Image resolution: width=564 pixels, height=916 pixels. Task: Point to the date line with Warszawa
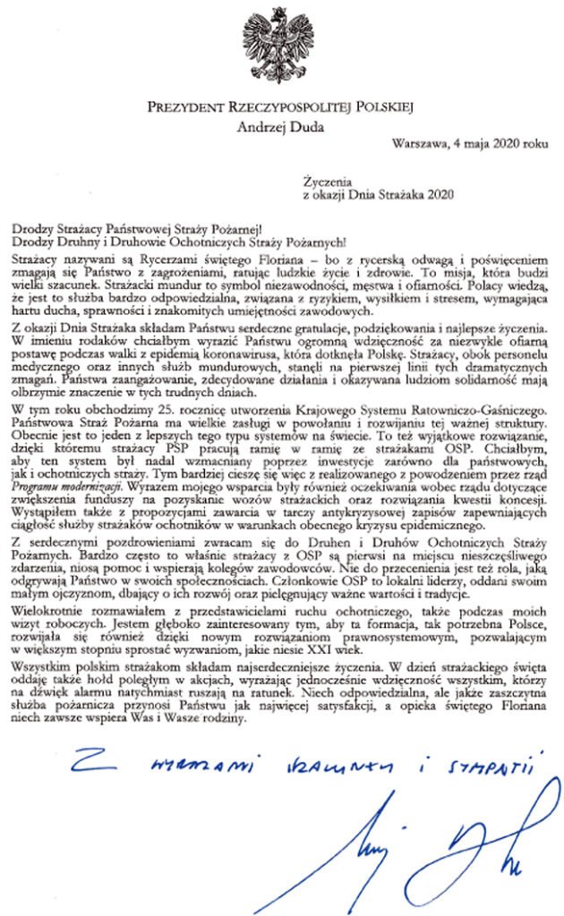[x=469, y=141]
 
